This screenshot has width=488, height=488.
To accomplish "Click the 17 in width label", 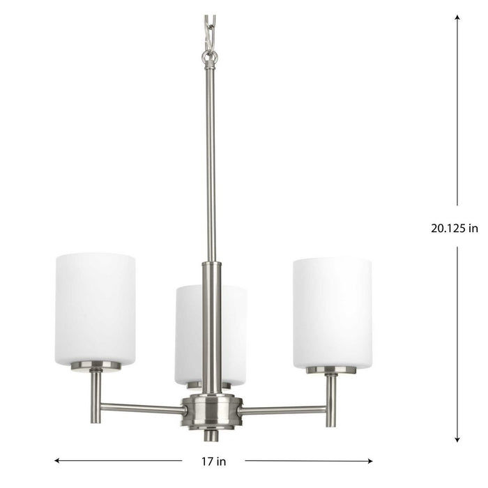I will (x=213, y=460).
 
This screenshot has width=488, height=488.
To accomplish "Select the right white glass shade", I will (x=332, y=311).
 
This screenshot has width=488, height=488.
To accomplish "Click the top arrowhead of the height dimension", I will (x=457, y=17).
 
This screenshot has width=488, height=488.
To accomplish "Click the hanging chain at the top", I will (x=210, y=28).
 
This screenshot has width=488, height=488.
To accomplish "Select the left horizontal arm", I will (x=143, y=408).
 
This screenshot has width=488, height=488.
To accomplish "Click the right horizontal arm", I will (x=282, y=410).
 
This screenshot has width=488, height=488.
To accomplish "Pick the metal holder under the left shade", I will (x=96, y=367).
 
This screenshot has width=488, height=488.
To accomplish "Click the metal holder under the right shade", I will (x=331, y=370).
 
